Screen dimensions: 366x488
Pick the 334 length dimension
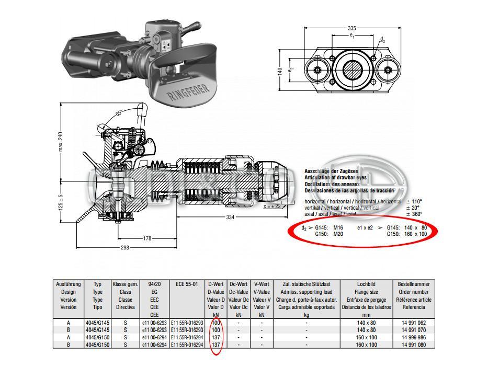[x=230, y=217]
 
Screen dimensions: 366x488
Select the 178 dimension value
[x=148, y=238]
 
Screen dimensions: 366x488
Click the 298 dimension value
[x=125, y=247]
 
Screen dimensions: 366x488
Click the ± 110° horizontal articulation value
[x=414, y=201]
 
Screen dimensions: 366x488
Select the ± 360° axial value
[x=414, y=213]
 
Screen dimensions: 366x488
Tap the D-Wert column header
[x=216, y=284]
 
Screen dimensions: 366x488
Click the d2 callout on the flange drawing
[x=382, y=40]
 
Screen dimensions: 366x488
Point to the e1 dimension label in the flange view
[x=351, y=36]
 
